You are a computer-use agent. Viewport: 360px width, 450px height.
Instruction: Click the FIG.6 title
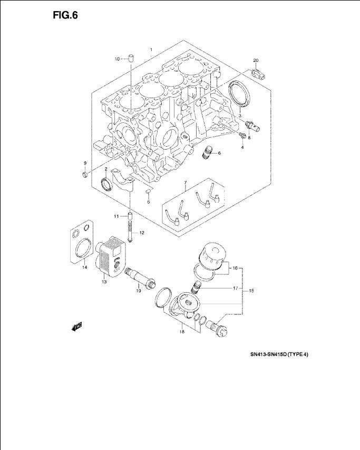click(65, 15)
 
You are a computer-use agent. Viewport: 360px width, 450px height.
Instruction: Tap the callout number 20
click(256, 60)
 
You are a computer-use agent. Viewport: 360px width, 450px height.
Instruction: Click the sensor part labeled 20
click(258, 74)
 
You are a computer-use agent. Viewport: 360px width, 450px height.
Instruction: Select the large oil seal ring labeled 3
click(240, 93)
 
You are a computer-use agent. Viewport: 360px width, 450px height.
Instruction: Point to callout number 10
click(117, 59)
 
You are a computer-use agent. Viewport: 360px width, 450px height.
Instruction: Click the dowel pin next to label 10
click(131, 58)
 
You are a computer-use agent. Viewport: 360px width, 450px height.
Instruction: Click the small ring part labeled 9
click(85, 175)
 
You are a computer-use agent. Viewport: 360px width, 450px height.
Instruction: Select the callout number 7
click(185, 183)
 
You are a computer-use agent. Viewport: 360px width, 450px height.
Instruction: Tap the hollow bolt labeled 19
click(140, 278)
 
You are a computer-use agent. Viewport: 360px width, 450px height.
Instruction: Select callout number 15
click(251, 291)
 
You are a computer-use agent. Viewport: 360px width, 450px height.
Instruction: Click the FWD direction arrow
click(77, 327)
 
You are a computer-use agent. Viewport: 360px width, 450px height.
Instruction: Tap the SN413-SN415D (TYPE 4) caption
click(279, 355)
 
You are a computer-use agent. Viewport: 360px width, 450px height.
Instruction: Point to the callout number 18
click(182, 332)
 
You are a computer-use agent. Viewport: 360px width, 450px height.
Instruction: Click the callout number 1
click(151, 50)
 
